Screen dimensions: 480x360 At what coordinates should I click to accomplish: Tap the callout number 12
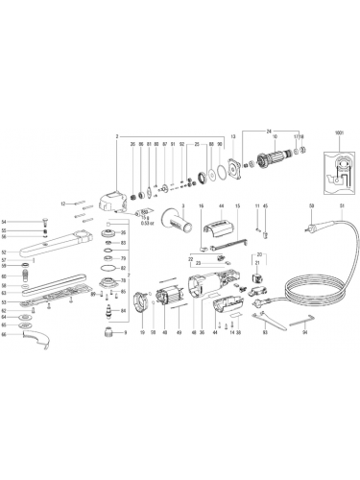(61, 204)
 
